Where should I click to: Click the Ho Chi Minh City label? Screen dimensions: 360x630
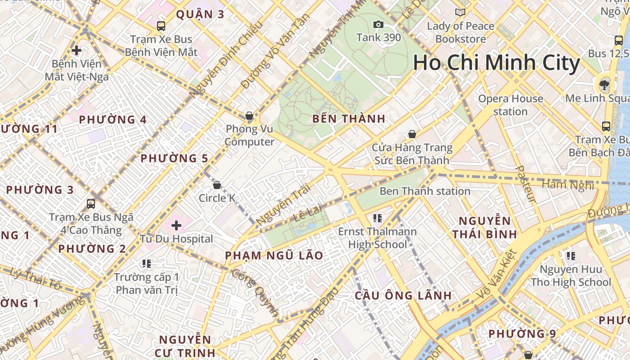496,63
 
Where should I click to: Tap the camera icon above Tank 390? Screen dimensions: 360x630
378,24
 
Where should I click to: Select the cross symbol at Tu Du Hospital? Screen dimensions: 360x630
176,225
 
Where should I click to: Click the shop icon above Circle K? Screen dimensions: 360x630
217,185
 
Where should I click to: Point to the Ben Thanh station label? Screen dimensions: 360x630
425,191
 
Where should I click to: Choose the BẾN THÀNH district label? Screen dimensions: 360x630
349,119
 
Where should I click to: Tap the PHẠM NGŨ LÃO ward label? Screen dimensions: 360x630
274,256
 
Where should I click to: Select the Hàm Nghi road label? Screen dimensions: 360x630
568,184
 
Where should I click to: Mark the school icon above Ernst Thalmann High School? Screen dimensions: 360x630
378,218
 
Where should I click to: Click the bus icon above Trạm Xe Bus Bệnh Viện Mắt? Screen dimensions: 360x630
161,26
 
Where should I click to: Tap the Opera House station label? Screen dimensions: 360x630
510,105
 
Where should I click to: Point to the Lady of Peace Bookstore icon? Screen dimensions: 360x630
460,12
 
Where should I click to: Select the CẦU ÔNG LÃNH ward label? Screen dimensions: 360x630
403,296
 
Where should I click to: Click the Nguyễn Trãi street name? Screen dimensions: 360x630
283,206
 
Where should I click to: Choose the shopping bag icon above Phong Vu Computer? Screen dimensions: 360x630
249,116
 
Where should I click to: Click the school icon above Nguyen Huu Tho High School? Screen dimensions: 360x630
571,256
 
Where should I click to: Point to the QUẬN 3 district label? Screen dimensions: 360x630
200,14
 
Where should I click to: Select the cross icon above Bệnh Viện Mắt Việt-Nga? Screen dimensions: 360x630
76,50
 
